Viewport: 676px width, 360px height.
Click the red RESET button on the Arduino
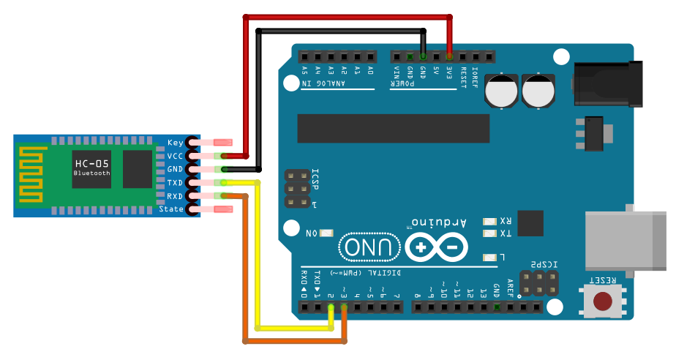(x=603, y=301)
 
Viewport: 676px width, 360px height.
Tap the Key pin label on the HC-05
(x=175, y=143)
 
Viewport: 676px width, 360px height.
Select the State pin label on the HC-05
(x=171, y=210)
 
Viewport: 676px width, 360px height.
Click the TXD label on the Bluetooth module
(x=175, y=183)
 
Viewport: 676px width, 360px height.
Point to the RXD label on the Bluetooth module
(x=175, y=196)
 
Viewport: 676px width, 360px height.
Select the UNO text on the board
(x=370, y=248)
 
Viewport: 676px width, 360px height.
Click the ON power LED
(x=326, y=233)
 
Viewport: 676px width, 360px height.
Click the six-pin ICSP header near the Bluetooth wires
(x=296, y=189)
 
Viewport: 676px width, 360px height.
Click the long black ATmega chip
(x=393, y=128)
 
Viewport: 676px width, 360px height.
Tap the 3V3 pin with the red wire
(x=449, y=56)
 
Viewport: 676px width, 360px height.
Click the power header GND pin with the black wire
(x=423, y=56)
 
